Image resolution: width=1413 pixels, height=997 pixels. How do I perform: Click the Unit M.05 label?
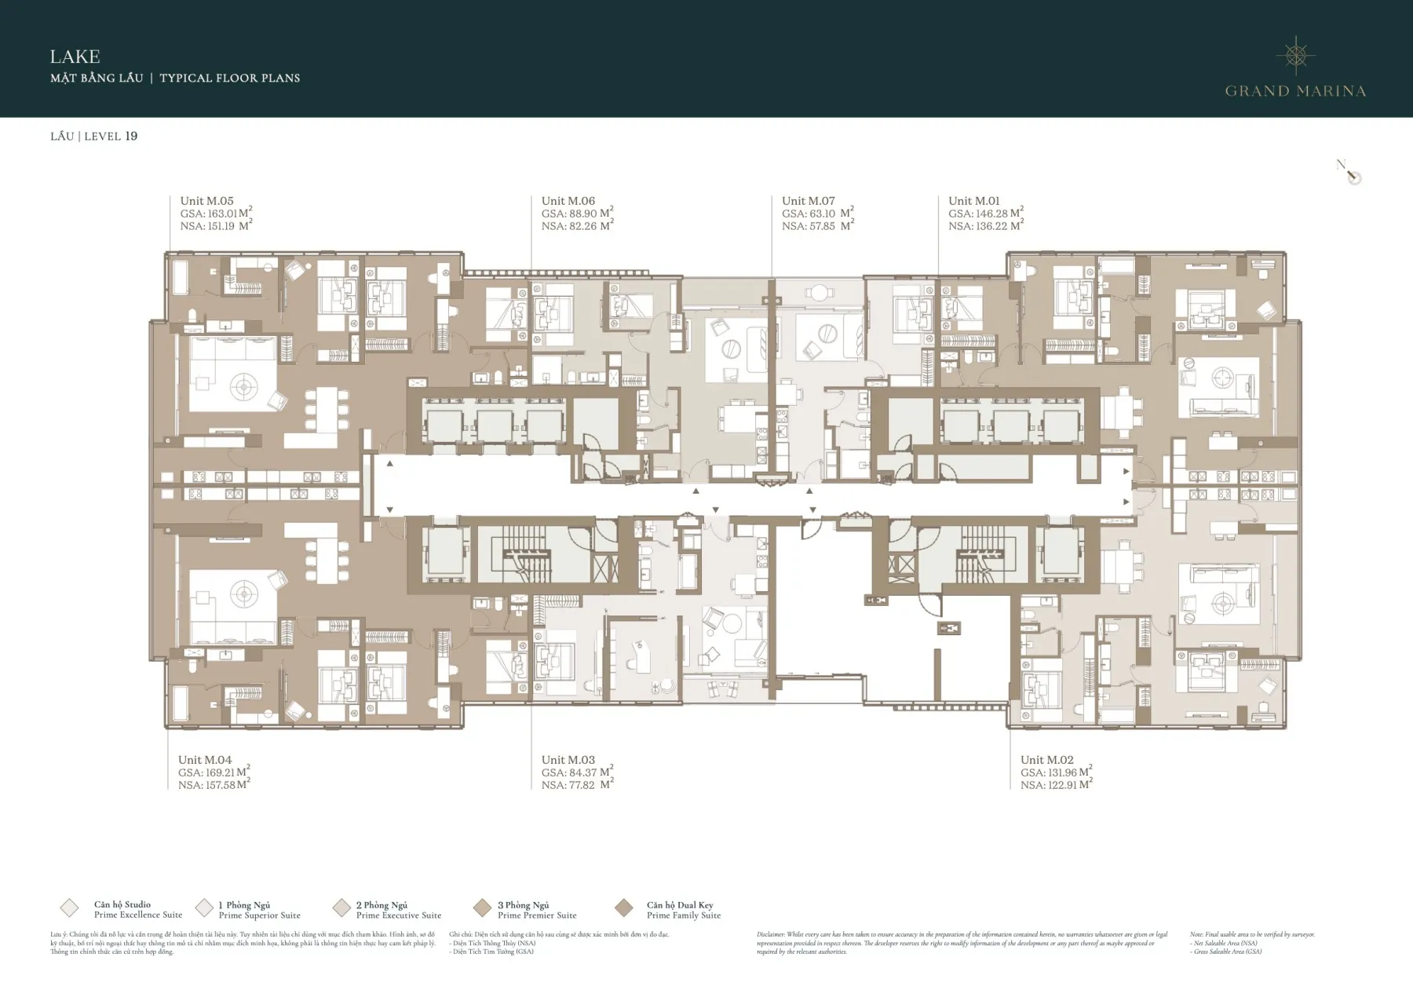[206, 201]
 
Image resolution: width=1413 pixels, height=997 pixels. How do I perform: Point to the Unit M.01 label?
[973, 201]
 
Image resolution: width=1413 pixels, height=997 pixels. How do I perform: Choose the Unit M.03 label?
[568, 760]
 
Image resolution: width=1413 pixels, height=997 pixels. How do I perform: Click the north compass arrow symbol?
[1351, 173]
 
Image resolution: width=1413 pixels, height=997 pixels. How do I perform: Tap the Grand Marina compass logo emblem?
[1295, 55]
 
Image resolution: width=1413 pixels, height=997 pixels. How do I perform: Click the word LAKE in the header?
[75, 57]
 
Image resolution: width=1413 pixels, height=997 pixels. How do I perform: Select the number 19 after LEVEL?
[131, 136]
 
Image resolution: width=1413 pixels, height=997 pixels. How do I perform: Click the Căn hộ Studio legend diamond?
[69, 908]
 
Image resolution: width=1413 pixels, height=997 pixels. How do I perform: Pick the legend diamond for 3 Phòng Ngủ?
[482, 908]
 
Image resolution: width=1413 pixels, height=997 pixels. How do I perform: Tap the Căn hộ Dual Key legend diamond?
[624, 908]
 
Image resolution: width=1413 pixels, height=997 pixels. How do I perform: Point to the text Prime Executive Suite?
[399, 915]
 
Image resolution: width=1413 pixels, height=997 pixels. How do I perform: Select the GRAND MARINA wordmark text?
[1295, 91]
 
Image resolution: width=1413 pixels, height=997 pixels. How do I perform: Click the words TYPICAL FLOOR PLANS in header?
[230, 78]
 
